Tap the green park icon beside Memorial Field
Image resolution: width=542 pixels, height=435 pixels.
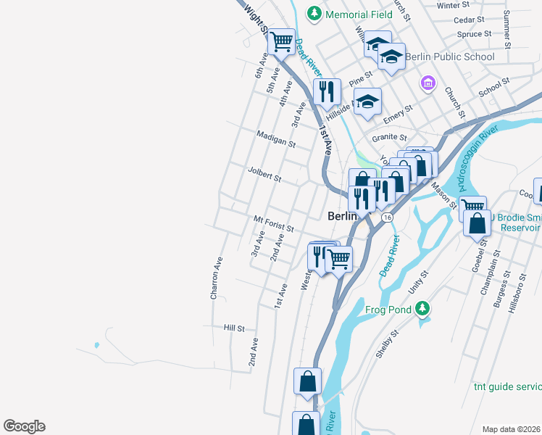tap(314, 13)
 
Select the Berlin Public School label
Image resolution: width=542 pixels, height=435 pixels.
tap(449, 57)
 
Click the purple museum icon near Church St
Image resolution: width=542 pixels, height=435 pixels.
tap(428, 83)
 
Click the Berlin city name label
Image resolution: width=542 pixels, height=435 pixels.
tap(343, 216)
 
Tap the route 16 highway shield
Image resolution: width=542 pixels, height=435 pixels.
tap(388, 217)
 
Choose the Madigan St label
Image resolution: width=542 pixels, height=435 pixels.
tap(276, 138)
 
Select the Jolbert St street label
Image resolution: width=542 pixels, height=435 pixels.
tap(264, 174)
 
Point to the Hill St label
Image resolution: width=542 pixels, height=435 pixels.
tap(234, 328)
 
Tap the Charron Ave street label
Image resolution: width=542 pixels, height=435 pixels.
tap(215, 278)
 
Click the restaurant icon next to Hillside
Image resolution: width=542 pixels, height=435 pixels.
tap(327, 91)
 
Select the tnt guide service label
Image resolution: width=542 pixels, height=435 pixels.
tap(507, 386)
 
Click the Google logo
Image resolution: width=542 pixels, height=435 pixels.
tap(24, 426)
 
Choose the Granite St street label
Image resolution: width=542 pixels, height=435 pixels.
tap(389, 137)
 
